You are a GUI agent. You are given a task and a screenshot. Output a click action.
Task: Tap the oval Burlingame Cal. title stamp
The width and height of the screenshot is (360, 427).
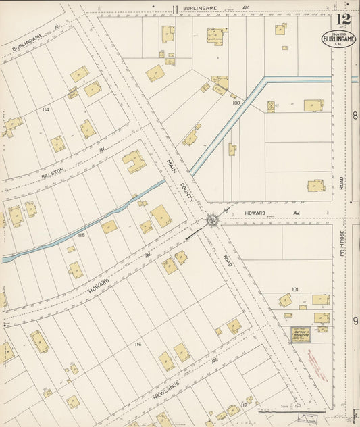pyautogui.click(x=338, y=39)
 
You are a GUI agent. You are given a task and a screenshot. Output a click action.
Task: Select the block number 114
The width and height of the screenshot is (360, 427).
pyautogui.click(x=45, y=109)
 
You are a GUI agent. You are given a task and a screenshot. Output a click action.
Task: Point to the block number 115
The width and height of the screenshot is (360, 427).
pyautogui.click(x=81, y=234)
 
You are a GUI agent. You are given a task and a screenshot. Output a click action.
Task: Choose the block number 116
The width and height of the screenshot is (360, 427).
pyautogui.click(x=138, y=345)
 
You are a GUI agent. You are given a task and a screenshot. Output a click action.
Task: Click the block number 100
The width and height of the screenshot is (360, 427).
pyautogui.click(x=236, y=103)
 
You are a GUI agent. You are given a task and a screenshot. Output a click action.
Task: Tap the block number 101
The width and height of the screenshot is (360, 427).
pyautogui.click(x=295, y=288)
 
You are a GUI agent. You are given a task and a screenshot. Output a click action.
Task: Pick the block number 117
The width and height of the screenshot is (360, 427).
pyautogui.click(x=245, y=404)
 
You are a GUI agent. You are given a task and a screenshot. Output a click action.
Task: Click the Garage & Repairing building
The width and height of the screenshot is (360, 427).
pyautogui.click(x=301, y=334)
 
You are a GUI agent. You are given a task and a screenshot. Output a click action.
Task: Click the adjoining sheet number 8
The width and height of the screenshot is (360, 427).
pyautogui.click(x=355, y=116)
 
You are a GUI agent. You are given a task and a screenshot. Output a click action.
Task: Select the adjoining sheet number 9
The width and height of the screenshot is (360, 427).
pyautogui.click(x=355, y=320)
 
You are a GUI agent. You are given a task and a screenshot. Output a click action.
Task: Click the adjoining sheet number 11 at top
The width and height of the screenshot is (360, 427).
pyautogui.click(x=174, y=9)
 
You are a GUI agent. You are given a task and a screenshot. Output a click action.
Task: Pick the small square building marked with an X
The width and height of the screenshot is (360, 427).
pyautogui.click(x=272, y=107)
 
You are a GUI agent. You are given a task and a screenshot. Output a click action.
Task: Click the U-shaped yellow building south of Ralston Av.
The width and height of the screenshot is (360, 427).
pyautogui.click(x=134, y=161)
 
